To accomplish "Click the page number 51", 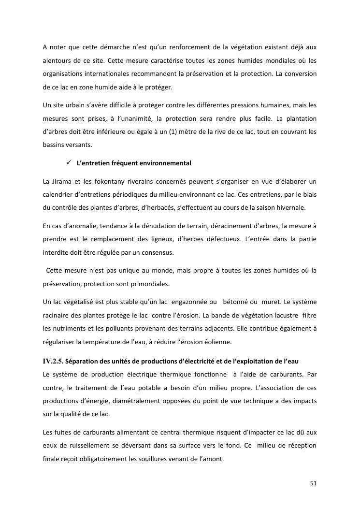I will click(x=313, y=483).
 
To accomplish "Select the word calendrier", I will click(x=59, y=194).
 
